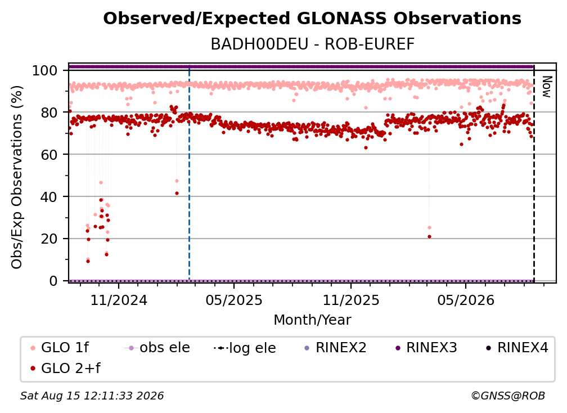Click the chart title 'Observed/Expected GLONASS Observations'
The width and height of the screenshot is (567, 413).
pyautogui.click(x=312, y=19)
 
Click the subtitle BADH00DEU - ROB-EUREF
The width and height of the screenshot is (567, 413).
pyautogui.click(x=312, y=44)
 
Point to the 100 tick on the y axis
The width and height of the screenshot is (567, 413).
pyautogui.click(x=44, y=70)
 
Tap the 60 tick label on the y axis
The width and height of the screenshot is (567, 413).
pyautogui.click(x=49, y=154)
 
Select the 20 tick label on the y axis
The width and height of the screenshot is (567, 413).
pyautogui.click(x=49, y=239)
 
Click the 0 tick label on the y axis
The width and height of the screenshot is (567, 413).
pyautogui.click(x=53, y=281)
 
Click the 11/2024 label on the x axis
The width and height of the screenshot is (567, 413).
pyautogui.click(x=119, y=300)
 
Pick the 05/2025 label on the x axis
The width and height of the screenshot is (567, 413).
pyautogui.click(x=234, y=300)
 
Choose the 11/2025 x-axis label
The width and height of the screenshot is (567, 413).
pyautogui.click(x=351, y=300)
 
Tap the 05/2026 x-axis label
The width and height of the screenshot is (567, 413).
pyautogui.click(x=466, y=300)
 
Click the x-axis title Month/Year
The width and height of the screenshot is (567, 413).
pyautogui.click(x=312, y=320)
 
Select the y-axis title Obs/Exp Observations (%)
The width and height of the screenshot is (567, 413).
pyautogui.click(x=17, y=177)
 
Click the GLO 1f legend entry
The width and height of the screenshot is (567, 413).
pyautogui.click(x=60, y=348)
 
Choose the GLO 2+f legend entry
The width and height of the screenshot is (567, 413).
pyautogui.click(x=65, y=368)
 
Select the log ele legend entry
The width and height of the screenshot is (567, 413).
pyautogui.click(x=245, y=348)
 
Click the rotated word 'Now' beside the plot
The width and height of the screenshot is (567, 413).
pyautogui.click(x=546, y=87)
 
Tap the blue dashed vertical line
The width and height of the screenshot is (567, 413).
pyautogui.click(x=189, y=173)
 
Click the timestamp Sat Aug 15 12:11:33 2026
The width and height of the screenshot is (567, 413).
pyautogui.click(x=92, y=396)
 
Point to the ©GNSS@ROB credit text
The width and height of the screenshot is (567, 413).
pyautogui.click(x=508, y=396)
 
